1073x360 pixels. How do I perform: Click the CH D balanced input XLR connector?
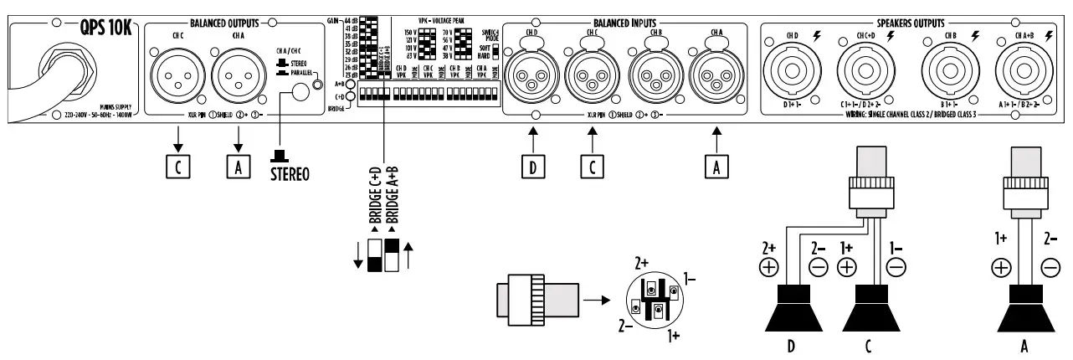[533, 78]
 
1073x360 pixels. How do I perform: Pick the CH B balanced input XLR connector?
[650, 78]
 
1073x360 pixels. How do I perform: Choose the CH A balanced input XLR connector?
[714, 78]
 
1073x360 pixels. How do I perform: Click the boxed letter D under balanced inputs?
[532, 166]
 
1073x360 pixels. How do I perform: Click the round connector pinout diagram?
[656, 301]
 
